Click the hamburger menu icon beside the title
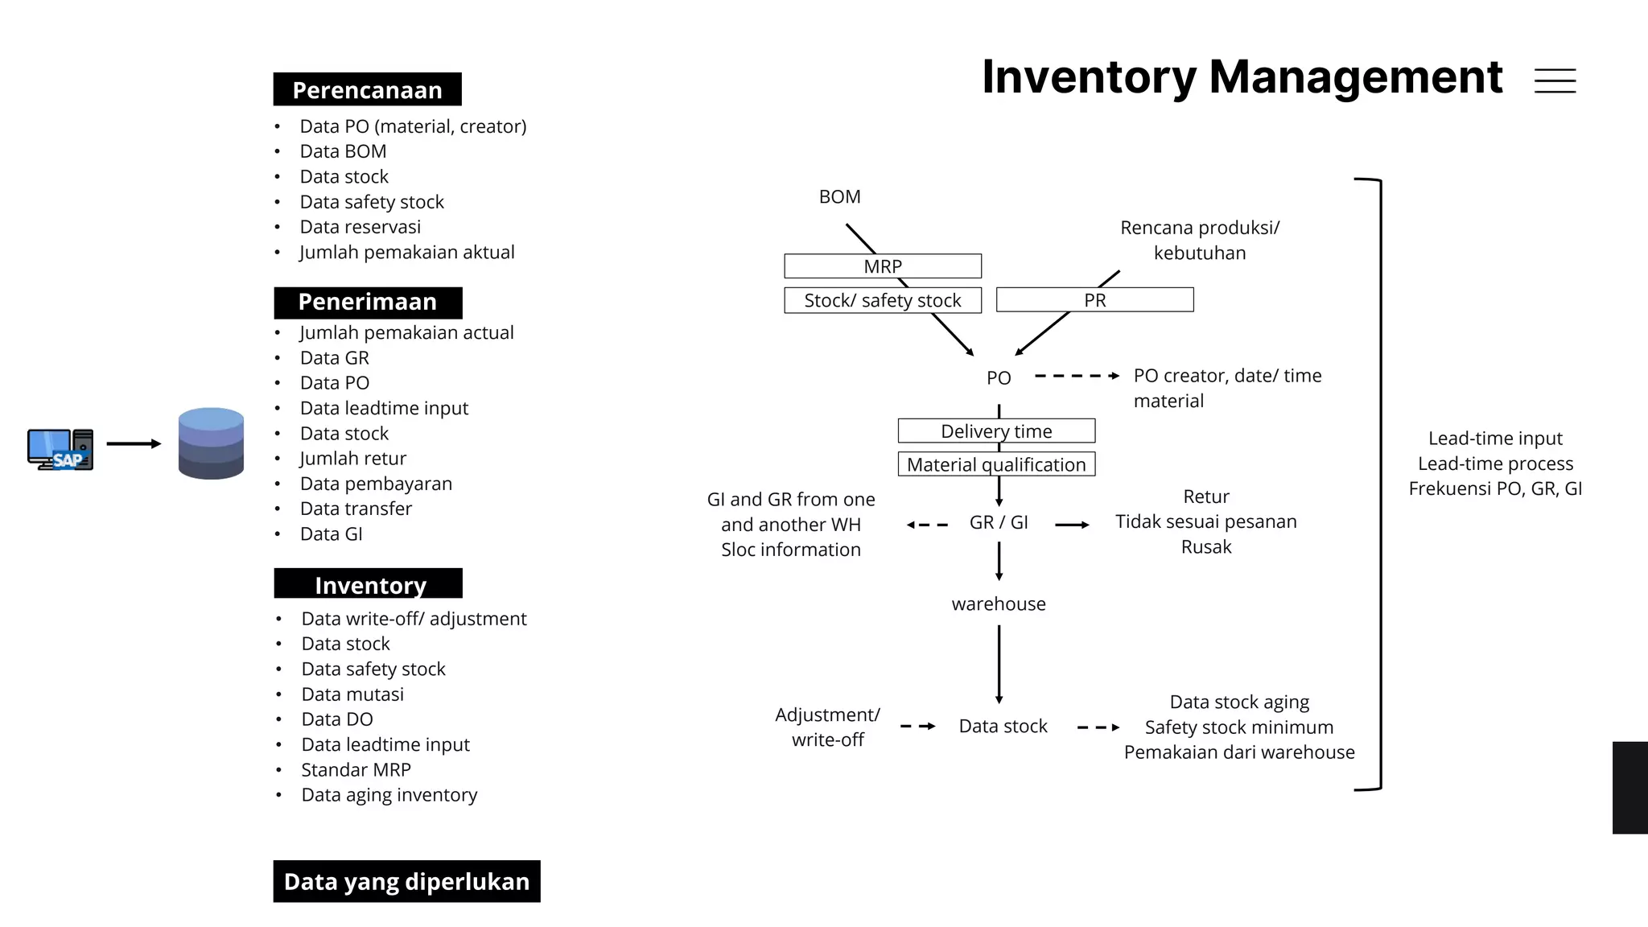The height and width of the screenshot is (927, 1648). tap(1555, 80)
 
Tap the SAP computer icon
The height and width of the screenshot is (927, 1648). tap(60, 449)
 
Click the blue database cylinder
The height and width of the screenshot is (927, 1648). tap(211, 443)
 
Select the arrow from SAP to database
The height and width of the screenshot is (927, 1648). tap(134, 443)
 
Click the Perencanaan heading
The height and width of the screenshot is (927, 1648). tap(367, 89)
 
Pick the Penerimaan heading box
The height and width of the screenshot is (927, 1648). tap(368, 303)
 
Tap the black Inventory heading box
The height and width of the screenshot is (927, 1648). tap(368, 584)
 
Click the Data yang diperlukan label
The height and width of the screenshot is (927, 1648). tap(406, 881)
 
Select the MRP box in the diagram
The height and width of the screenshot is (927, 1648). tap(883, 266)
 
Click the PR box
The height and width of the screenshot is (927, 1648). tap(1094, 300)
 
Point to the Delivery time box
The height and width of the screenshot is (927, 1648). tap(996, 431)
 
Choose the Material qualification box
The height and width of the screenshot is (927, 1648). tap(996, 464)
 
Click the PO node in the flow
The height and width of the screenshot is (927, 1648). tap(999, 377)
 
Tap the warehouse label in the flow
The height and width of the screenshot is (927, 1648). tap(999, 604)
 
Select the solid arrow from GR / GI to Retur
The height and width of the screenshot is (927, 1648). tap(1072, 525)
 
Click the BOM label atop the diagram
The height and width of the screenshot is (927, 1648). tap(839, 197)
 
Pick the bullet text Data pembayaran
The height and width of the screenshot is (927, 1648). tap(376, 484)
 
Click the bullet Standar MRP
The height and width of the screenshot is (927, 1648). tap(356, 770)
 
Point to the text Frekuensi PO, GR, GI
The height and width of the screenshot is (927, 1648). tap(1495, 488)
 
